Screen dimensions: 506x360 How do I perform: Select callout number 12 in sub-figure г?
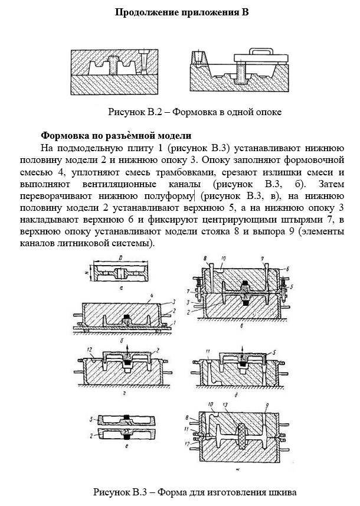(87, 351)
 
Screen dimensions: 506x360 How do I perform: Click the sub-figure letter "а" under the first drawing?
(120, 289)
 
